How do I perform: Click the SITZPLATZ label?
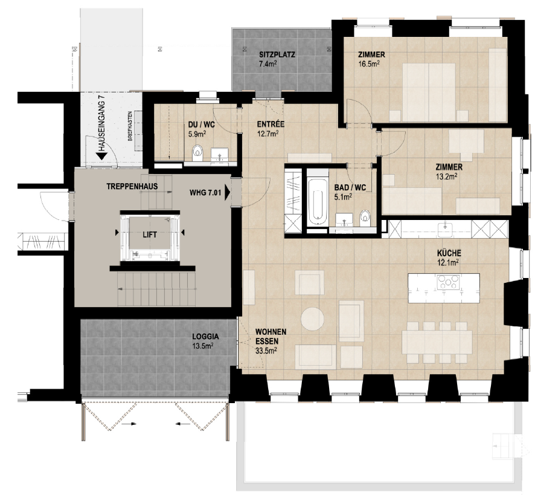pos(277,54)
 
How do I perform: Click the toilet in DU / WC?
pos(197,154)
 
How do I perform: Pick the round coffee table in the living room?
pos(313,319)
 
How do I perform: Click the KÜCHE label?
pos(450,254)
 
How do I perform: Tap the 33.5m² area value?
pos(266,350)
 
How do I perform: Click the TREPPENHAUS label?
pos(132,187)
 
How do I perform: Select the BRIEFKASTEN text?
pos(130,129)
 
